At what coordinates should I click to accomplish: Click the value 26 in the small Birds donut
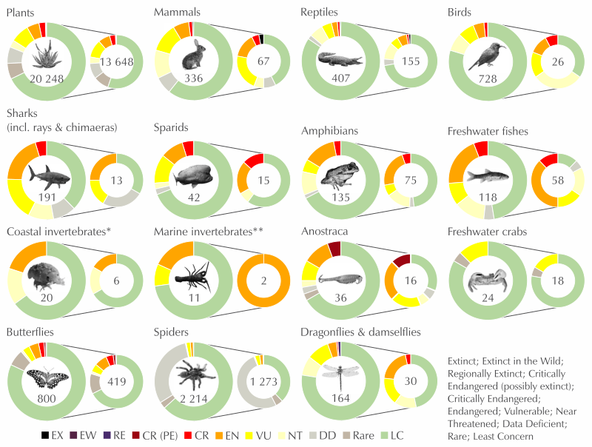pyautogui.click(x=558, y=62)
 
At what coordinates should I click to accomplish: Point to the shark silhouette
pyautogui.click(x=50, y=175)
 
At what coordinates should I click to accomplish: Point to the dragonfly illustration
pyautogui.click(x=340, y=380)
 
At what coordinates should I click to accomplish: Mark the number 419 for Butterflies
pyautogui.click(x=116, y=384)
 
